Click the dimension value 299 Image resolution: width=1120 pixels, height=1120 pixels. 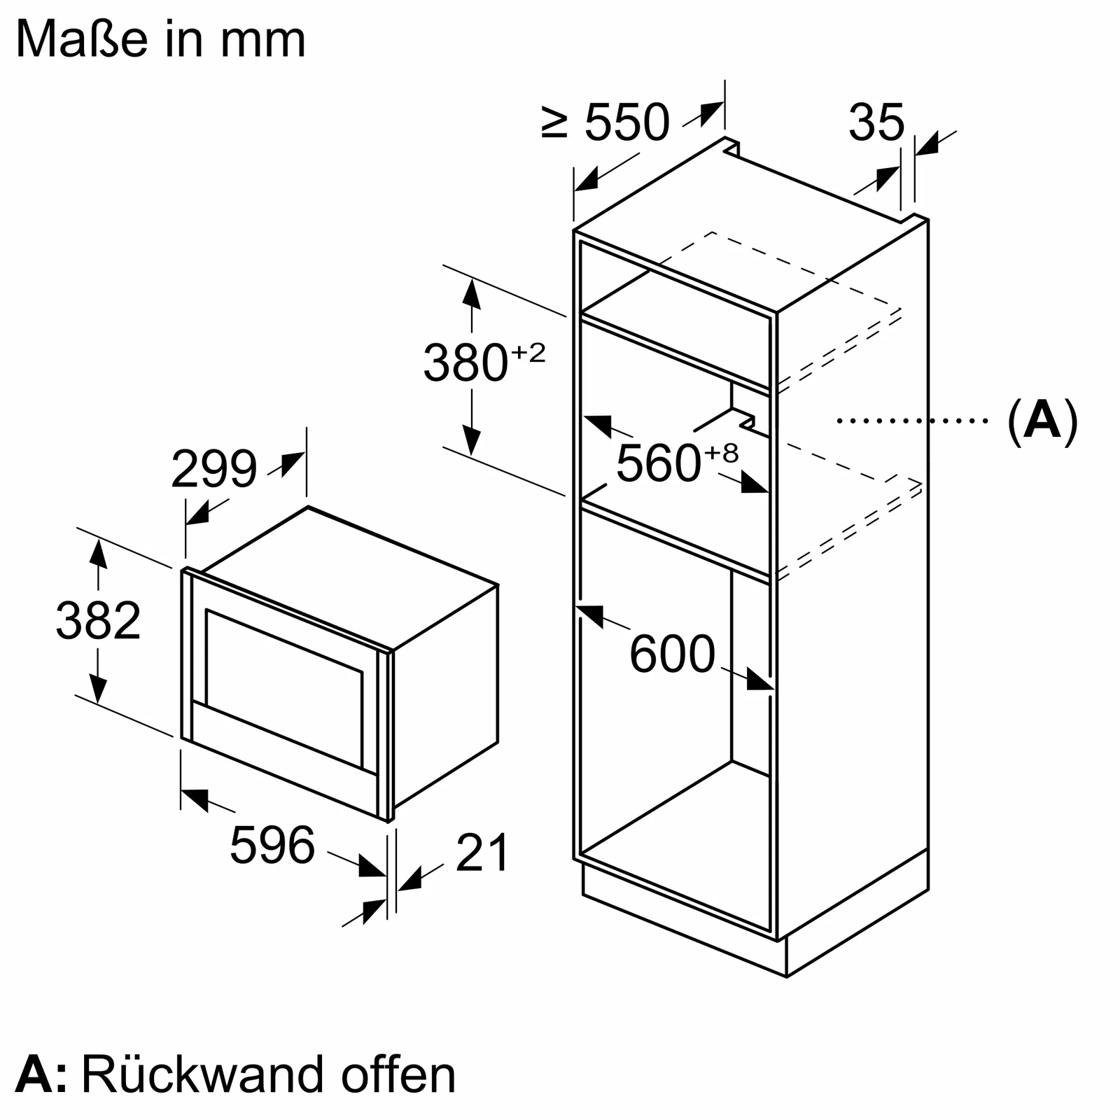coord(214,470)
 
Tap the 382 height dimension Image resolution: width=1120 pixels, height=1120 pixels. coord(98,621)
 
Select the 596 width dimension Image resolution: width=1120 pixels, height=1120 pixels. coord(272,846)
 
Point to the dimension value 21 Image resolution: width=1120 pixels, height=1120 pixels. coord(482,853)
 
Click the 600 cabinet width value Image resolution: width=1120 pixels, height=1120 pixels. coord(672,654)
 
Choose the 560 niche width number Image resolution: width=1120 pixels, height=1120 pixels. coord(658,463)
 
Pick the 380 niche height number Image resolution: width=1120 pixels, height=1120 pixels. coord(465,363)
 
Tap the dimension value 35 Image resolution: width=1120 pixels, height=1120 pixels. coord(876,122)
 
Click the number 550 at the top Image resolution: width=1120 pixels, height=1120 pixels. coord(626,122)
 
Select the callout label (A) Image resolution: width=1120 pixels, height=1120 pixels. coord(1042,421)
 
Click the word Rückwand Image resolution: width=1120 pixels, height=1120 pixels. coord(203,1074)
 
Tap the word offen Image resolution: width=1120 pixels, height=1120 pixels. coord(398,1074)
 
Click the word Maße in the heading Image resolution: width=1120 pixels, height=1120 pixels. coord(82,40)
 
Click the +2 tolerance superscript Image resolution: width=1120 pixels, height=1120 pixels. coord(528,353)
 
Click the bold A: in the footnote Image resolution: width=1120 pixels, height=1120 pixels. coord(41,1074)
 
